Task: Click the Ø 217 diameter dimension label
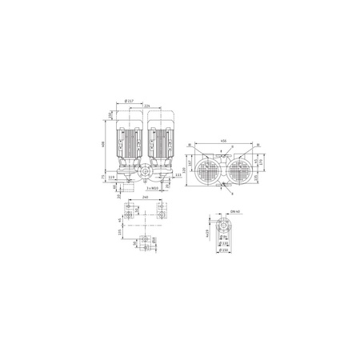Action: click(x=130, y=102)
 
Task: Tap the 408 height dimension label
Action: click(x=103, y=145)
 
